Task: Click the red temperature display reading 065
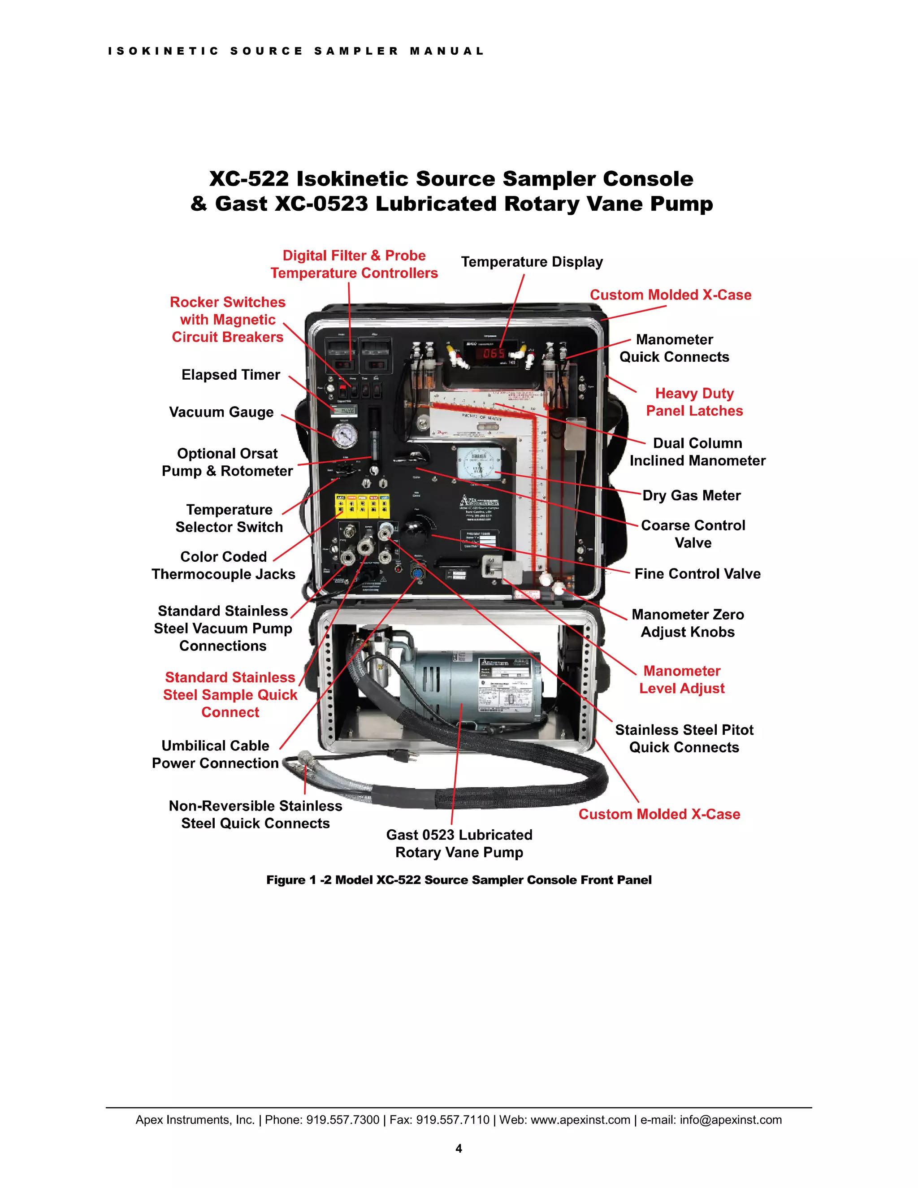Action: pyautogui.click(x=494, y=354)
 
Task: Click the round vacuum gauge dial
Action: pyautogui.click(x=345, y=435)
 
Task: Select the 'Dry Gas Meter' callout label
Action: pyautogui.click(x=691, y=495)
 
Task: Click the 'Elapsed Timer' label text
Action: pyautogui.click(x=230, y=375)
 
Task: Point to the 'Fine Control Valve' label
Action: pyautogui.click(x=697, y=574)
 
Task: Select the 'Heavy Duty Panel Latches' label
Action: pyautogui.click(x=694, y=402)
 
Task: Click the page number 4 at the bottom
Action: pyautogui.click(x=459, y=1148)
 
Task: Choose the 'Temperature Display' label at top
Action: pyautogui.click(x=532, y=262)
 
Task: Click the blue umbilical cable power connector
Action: pyautogui.click(x=418, y=573)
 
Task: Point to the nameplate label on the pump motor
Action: pyautogui.click(x=505, y=685)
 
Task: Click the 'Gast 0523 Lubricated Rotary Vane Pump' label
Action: pyautogui.click(x=459, y=843)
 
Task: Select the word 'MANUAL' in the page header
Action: pyautogui.click(x=446, y=51)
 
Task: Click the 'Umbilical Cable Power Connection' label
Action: pyautogui.click(x=215, y=754)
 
